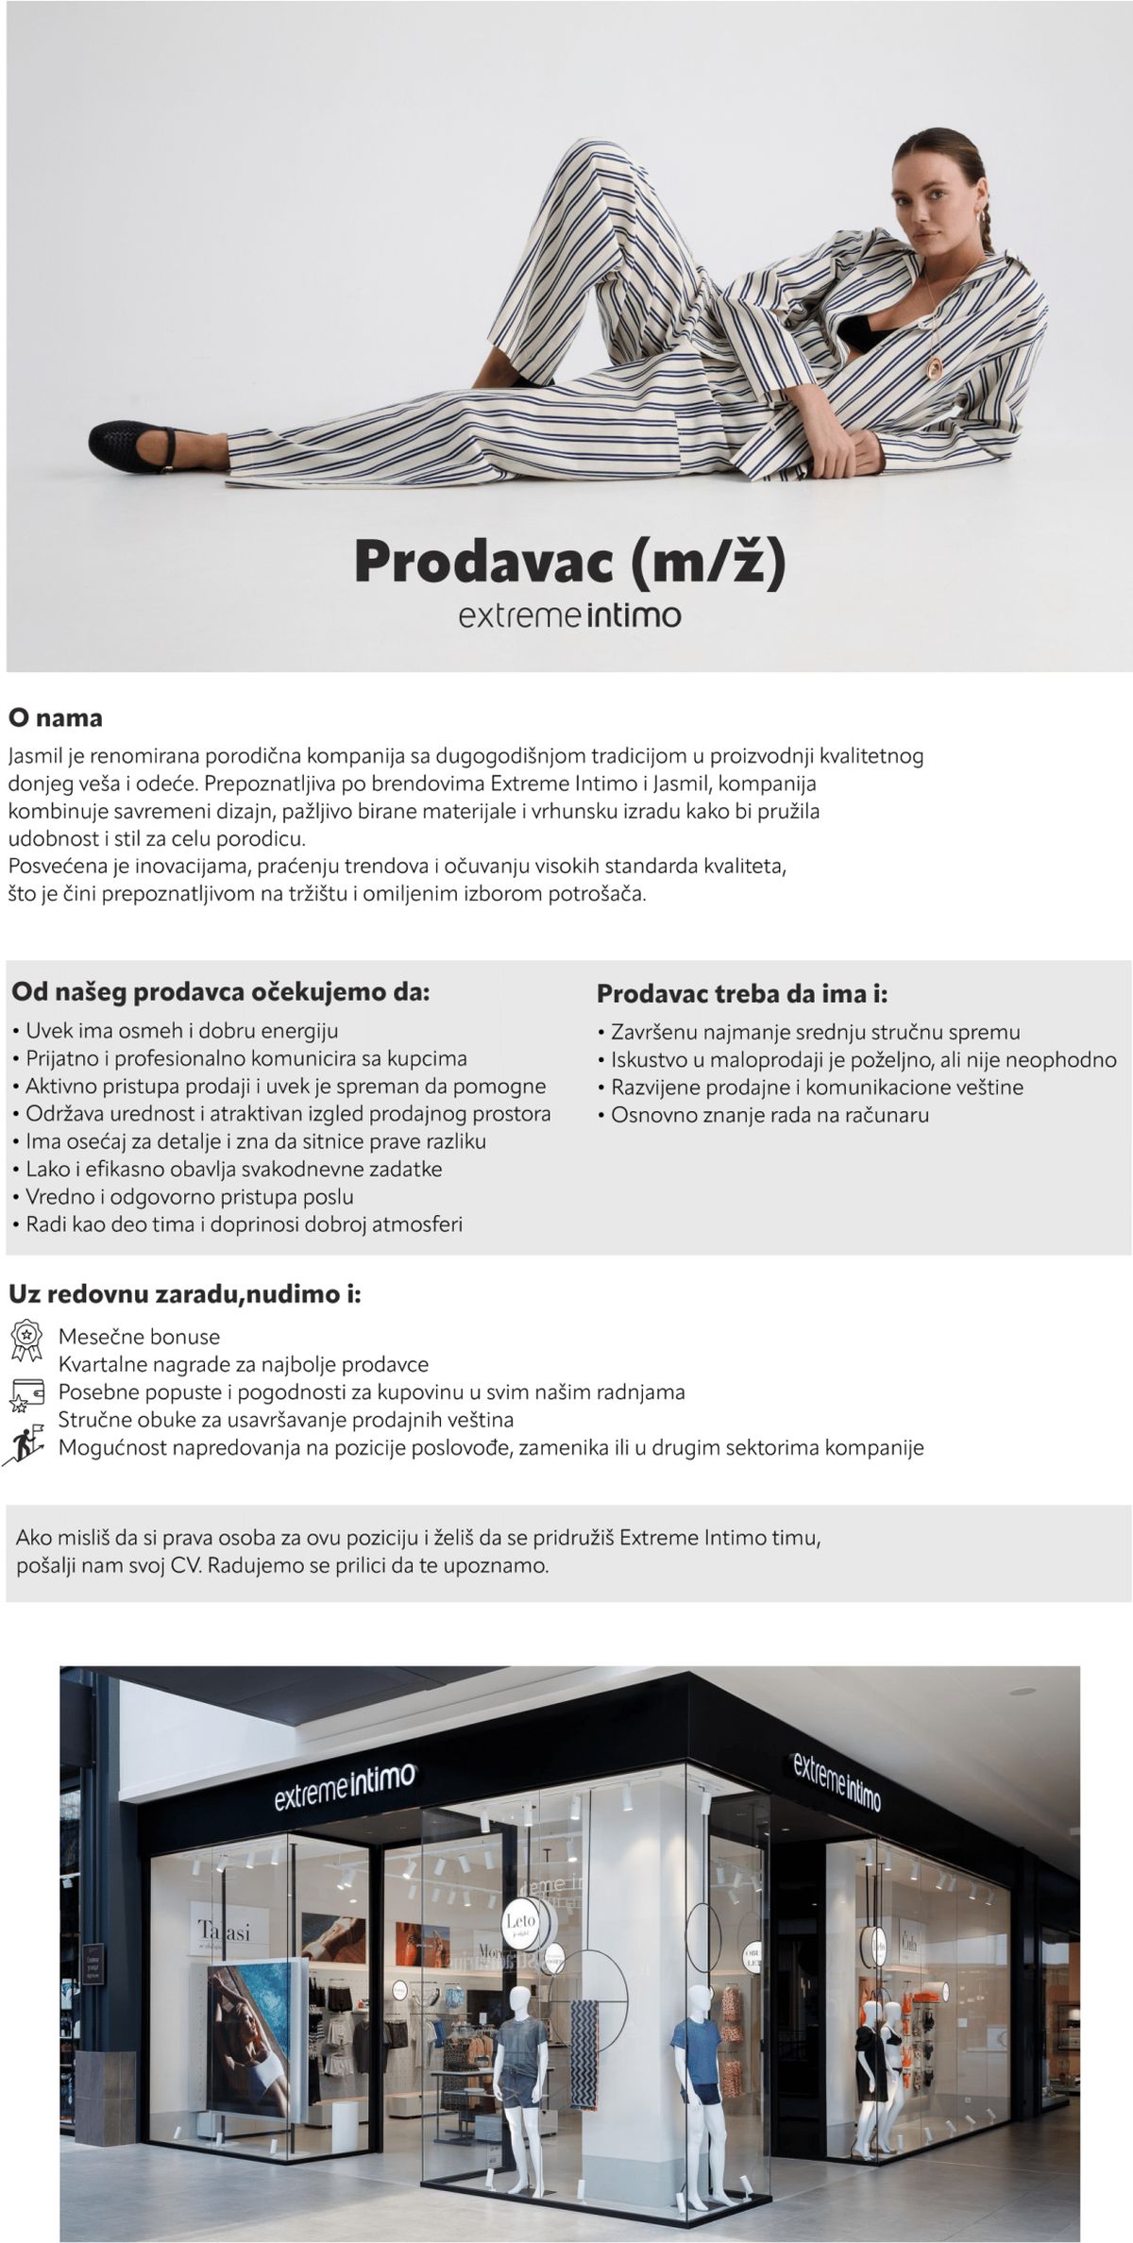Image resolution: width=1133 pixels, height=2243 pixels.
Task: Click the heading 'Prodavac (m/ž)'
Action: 569,562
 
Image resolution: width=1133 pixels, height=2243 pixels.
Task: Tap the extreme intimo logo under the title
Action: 569,616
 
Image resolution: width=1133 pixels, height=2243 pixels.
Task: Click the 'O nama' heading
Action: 56,717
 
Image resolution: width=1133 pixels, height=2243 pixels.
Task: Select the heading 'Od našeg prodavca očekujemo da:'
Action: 220,992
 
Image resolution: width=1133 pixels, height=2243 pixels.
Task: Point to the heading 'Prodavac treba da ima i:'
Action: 742,993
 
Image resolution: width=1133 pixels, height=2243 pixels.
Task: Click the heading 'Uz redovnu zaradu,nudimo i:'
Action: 185,1293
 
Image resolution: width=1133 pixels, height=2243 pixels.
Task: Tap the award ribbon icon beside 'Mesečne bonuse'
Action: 26,1340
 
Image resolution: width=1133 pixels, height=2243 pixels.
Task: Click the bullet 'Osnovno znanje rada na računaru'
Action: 769,1115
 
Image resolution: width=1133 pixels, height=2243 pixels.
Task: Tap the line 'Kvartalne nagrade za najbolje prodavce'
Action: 244,1364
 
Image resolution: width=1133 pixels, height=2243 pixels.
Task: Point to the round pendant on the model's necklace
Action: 936,366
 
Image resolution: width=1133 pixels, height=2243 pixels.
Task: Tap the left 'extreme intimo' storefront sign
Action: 345,1779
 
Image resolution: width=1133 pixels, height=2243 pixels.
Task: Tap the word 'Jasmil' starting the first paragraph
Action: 35,756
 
